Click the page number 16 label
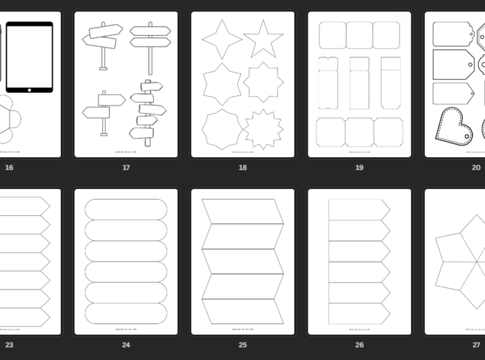9,168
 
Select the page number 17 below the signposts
126,168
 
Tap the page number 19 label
359,168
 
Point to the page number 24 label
126,345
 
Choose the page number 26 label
359,345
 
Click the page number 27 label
476,345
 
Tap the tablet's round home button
30,89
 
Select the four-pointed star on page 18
222,39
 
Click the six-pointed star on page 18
222,84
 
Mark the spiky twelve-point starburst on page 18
263,129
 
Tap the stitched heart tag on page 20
453,127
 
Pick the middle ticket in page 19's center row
359,83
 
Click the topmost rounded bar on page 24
125,209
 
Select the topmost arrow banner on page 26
358,210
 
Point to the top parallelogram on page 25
242,212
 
